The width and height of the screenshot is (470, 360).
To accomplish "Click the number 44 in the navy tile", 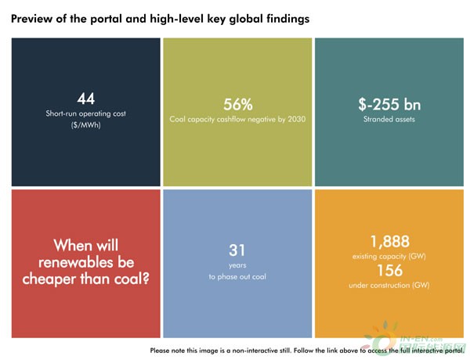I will point(85,98).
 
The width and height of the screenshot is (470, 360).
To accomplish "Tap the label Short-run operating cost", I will point(85,113).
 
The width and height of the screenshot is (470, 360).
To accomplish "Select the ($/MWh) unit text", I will point(85,124).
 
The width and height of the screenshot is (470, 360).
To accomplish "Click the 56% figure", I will point(237,105).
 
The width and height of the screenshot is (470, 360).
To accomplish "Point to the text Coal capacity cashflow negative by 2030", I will point(237,121).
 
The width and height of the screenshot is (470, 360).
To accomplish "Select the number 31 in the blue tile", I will point(237,250).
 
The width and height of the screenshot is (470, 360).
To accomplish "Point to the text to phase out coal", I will point(237,276).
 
